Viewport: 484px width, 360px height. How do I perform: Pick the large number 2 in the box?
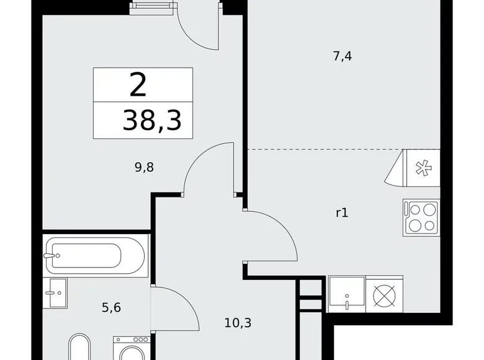coord(138,85)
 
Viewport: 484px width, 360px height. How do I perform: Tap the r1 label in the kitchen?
coord(341,212)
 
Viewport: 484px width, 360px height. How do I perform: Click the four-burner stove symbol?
coord(421,217)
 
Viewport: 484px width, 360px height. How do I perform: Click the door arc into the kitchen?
coord(273,236)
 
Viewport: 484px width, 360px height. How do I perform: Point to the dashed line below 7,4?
coord(323,150)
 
